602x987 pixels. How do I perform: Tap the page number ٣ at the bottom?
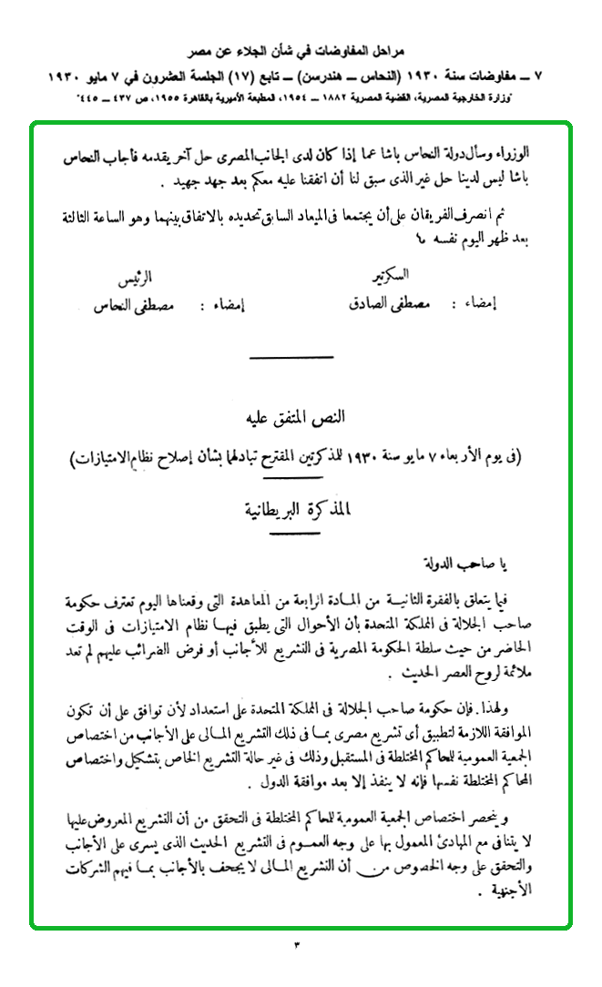pos(297,944)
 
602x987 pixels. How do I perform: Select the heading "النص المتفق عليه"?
pos(301,422)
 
